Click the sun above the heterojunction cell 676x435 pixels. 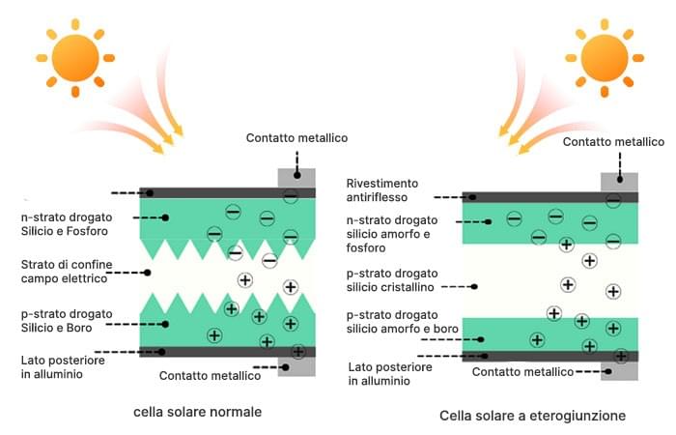(x=605, y=58)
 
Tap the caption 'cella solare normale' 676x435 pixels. (x=198, y=412)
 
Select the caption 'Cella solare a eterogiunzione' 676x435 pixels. (x=532, y=416)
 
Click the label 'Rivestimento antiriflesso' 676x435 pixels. (x=382, y=190)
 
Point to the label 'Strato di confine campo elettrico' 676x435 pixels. (x=66, y=271)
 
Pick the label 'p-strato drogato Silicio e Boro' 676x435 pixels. (x=66, y=322)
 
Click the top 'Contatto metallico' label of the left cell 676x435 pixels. (x=296, y=138)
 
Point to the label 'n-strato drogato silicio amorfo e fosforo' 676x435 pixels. (x=402, y=235)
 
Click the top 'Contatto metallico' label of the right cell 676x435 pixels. (x=613, y=141)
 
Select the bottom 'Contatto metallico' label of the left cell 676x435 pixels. (x=210, y=375)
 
